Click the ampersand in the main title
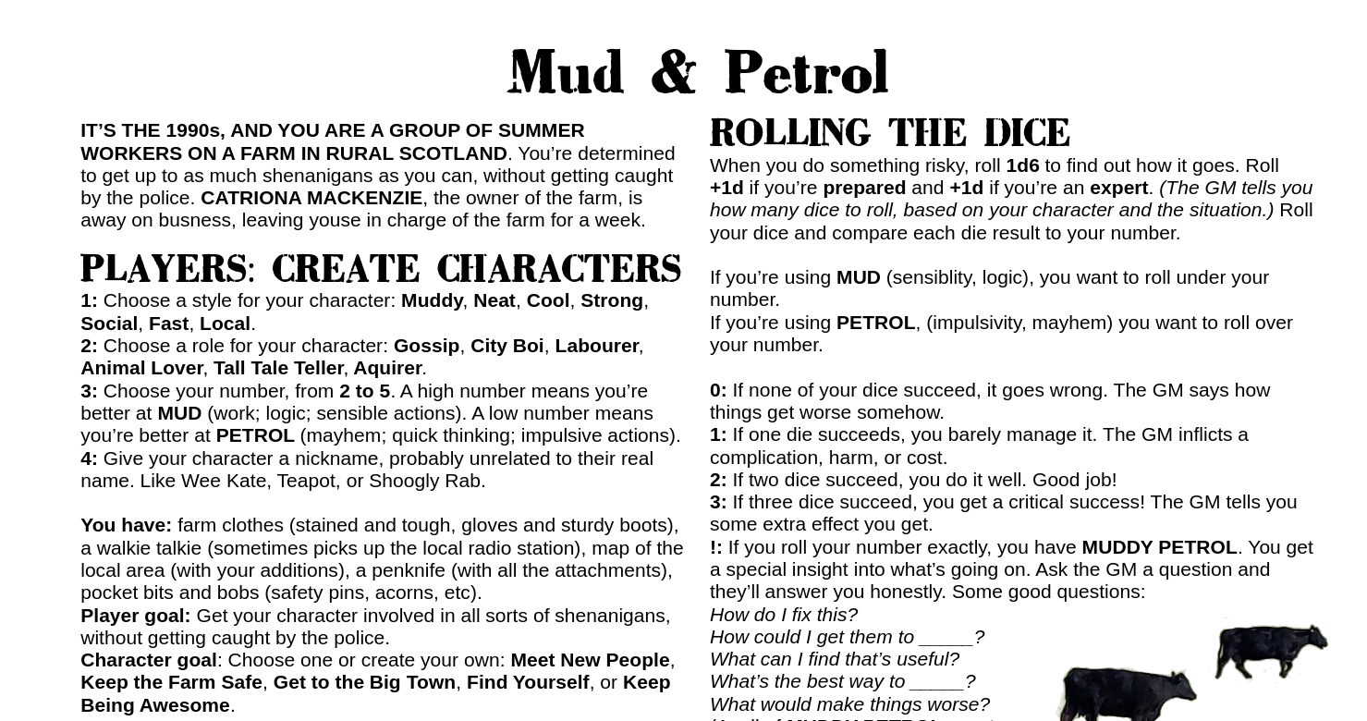[672, 73]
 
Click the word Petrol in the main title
[806, 73]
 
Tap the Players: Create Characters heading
[380, 269]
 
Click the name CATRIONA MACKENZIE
[311, 198]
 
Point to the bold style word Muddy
[432, 300]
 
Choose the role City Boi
[507, 346]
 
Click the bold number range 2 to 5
[364, 391]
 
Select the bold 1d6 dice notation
[1022, 165]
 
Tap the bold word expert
[1118, 188]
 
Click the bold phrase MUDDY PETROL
[1159, 547]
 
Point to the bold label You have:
[126, 525]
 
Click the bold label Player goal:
[135, 616]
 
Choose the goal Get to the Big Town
[364, 682]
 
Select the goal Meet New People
[590, 660]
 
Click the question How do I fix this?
[784, 615]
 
